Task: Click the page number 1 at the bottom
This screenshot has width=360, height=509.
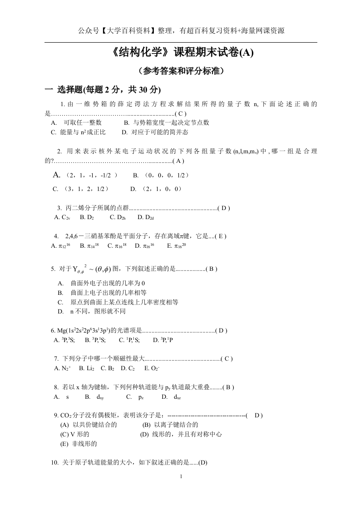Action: click(181, 476)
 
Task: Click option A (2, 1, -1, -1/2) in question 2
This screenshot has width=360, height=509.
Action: click(86, 175)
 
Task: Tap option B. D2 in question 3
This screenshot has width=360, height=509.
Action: click(87, 217)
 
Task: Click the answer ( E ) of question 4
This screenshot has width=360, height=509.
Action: click(220, 236)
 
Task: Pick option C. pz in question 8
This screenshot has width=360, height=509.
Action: click(135, 397)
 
